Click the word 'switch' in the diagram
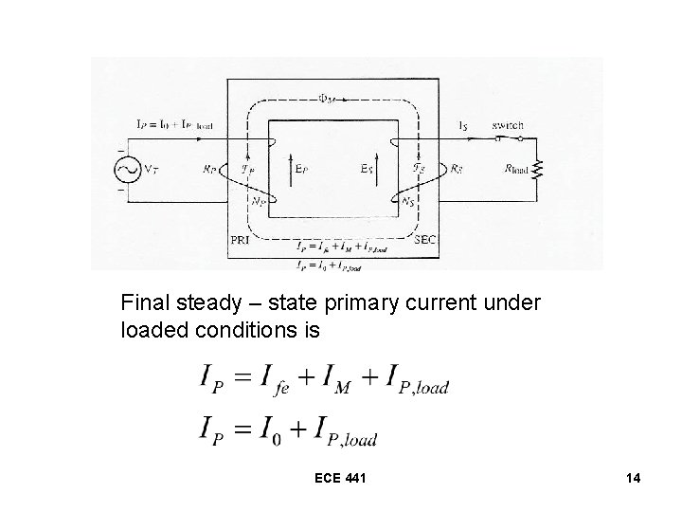[508, 125]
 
